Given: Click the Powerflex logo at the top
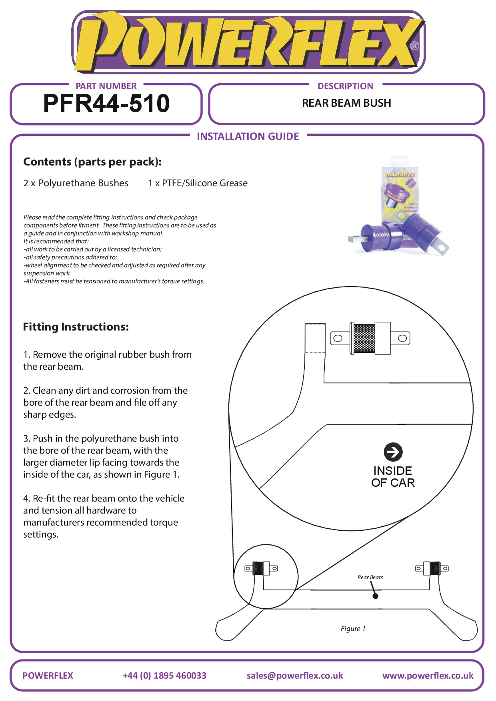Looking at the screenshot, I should coord(248,42).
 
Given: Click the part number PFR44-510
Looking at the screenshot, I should coord(106,103).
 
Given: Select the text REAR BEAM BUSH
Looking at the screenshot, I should coord(346,103).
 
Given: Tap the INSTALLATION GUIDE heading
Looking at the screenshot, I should coord(248,136).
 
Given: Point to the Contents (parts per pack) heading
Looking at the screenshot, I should coord(92,162).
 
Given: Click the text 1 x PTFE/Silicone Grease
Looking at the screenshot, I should coord(198,183).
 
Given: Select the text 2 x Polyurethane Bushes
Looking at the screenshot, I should coord(76,183).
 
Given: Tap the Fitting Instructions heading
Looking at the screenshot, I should coord(76,327).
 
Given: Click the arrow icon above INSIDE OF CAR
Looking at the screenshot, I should coord(393,452).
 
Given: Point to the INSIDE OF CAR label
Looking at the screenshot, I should coord(393,477).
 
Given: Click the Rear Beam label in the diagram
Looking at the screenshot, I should coord(370,577).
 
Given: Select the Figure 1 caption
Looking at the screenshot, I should coord(353,629).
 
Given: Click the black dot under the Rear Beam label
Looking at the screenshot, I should coord(375,596).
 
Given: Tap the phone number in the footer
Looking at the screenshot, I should coord(164,675).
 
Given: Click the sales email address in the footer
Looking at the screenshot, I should coord(295,675).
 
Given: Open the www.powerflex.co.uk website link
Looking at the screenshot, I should coord(428,675).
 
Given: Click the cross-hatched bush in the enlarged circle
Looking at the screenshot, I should coord(365,338).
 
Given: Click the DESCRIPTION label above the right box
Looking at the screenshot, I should coord(345,86).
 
